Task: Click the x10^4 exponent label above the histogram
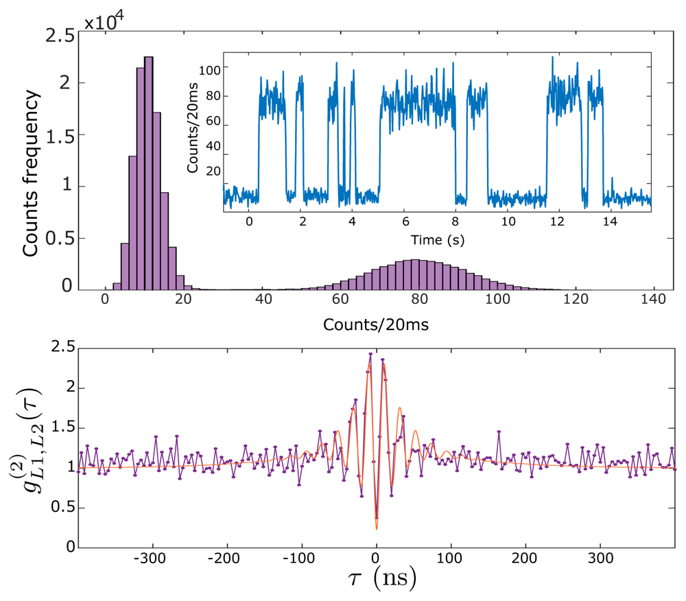coord(109,21)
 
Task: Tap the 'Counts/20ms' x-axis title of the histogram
coord(377,325)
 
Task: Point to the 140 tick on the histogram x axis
coord(654,300)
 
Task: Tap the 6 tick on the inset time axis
coord(405,222)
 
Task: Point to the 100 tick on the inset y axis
coord(209,69)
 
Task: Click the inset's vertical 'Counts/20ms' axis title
coord(193,131)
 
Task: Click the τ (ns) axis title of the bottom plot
coord(376,580)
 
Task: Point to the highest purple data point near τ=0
coord(370,355)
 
